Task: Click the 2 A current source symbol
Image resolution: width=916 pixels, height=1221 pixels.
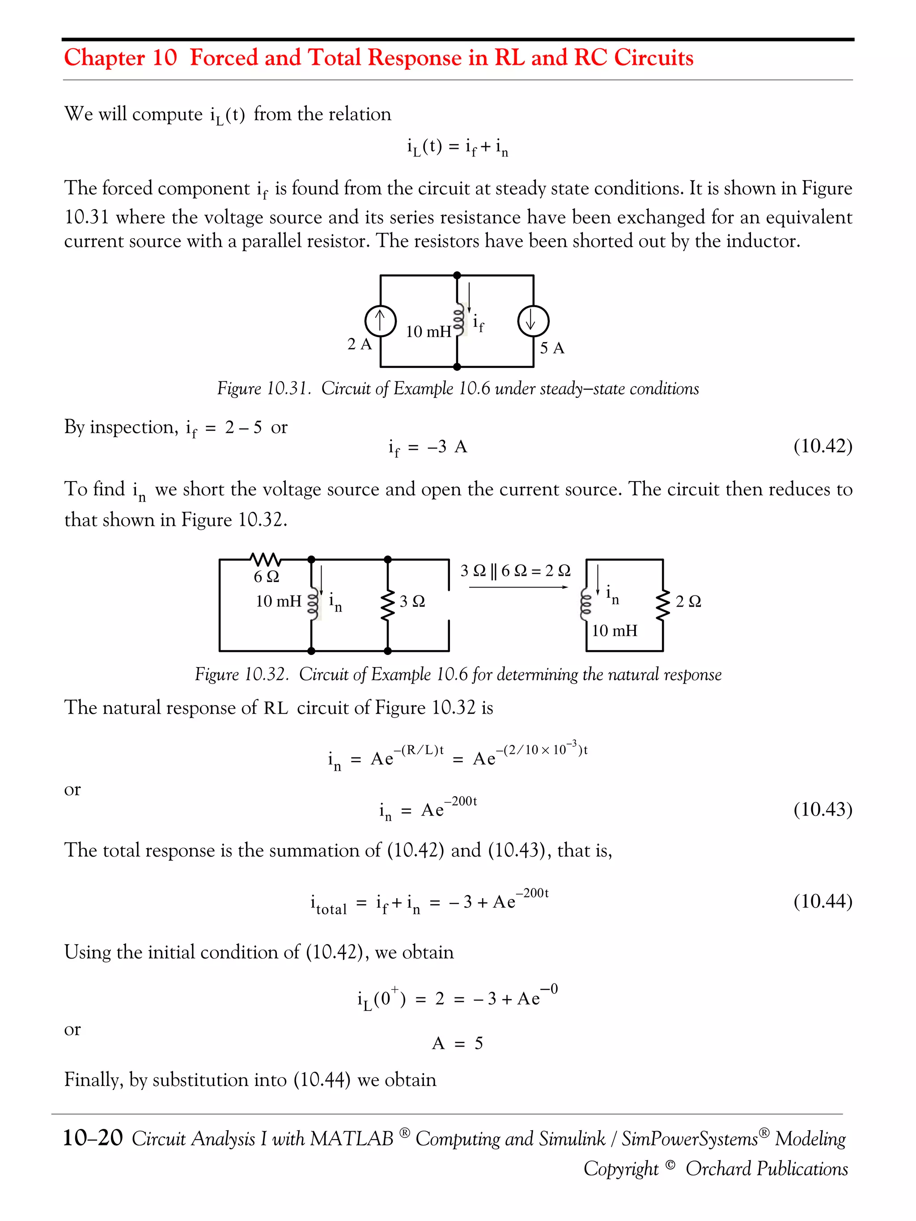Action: tap(381, 321)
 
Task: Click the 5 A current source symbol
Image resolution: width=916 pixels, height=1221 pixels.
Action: tap(533, 321)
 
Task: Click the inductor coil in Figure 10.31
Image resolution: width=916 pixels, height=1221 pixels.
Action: tap(457, 321)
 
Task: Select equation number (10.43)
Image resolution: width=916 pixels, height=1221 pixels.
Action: tap(822, 809)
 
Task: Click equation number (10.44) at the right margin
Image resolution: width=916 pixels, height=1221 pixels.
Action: tap(822, 901)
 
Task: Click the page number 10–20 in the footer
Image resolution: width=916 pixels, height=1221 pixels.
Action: tap(93, 1138)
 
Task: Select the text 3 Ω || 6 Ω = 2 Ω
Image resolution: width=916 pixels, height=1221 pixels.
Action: tap(515, 570)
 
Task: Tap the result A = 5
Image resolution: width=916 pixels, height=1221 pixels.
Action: tap(457, 1043)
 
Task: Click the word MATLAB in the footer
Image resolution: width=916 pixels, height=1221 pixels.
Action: tap(351, 1138)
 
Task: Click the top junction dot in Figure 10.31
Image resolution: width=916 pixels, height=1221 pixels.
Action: tap(457, 275)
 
